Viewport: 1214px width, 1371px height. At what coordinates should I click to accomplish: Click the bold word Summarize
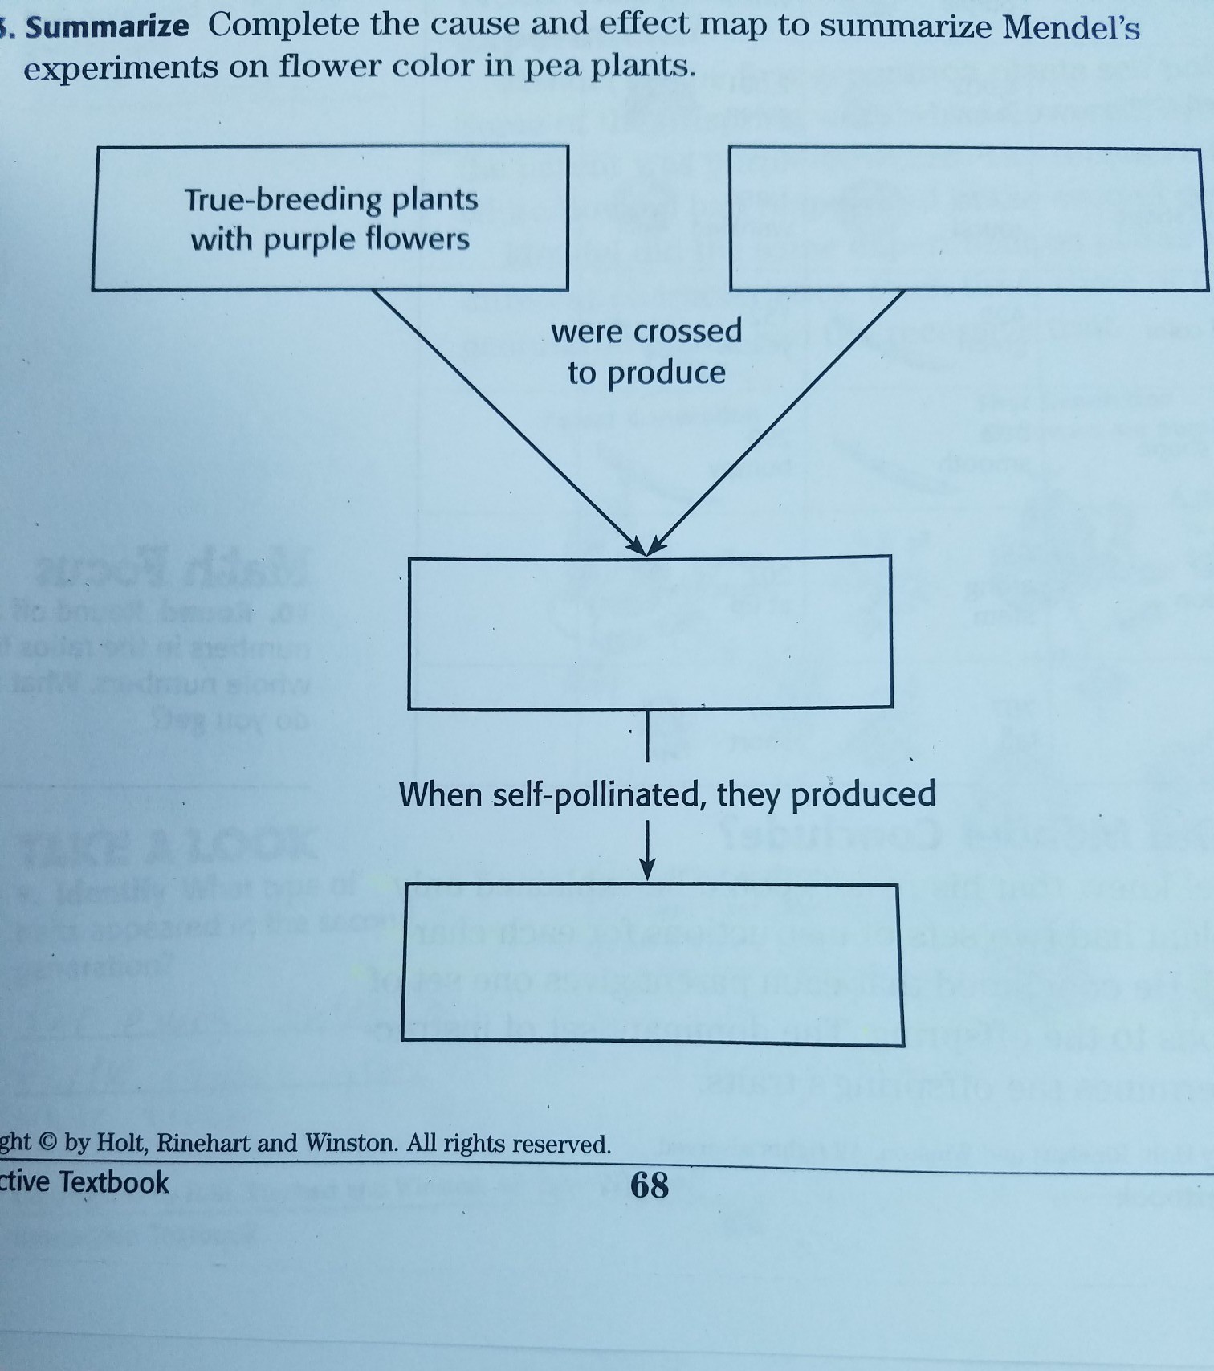pyautogui.click(x=108, y=27)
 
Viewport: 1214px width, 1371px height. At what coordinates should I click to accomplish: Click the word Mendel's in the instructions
pyautogui.click(x=1071, y=28)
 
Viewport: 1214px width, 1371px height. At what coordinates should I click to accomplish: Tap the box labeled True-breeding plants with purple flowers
pyautogui.click(x=330, y=218)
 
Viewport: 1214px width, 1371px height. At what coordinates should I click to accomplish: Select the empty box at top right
pyautogui.click(x=968, y=219)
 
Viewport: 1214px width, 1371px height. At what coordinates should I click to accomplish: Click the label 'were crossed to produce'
pyautogui.click(x=646, y=352)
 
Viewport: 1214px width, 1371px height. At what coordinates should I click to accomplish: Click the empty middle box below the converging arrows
pyautogui.click(x=650, y=632)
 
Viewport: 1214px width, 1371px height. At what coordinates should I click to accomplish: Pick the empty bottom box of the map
pyautogui.click(x=651, y=964)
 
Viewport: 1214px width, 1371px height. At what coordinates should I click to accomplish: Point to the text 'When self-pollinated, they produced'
pyautogui.click(x=666, y=794)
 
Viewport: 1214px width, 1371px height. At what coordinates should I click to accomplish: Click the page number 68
pyautogui.click(x=649, y=1185)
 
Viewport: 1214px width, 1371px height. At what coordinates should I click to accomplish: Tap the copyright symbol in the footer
pyautogui.click(x=47, y=1142)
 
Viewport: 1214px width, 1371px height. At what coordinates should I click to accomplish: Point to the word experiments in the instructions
pyautogui.click(x=121, y=67)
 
